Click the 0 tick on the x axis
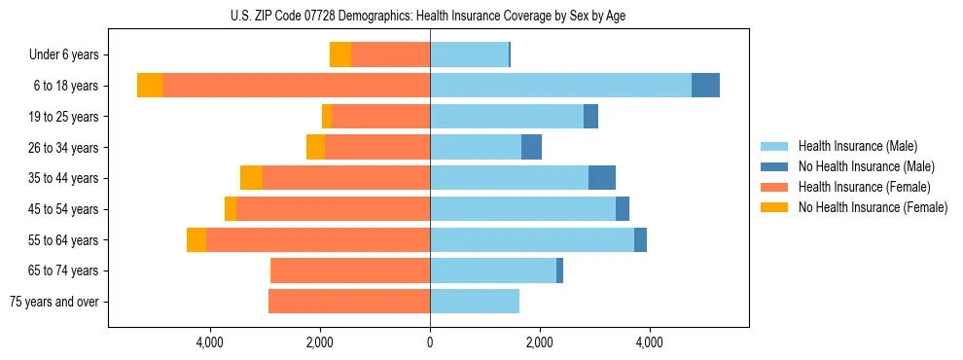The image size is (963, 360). tap(430, 342)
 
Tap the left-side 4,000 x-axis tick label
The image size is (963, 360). tap(210, 342)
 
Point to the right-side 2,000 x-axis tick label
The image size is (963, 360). tap(539, 342)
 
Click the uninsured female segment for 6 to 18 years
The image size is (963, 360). tap(150, 86)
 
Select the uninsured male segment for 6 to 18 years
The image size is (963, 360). tap(705, 86)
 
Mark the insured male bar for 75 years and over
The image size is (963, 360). tap(475, 302)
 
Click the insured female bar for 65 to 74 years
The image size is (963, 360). tap(350, 270)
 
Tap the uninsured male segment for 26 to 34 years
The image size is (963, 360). tap(531, 148)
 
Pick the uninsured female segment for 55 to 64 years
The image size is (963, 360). tap(196, 240)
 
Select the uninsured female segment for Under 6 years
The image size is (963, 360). tap(340, 55)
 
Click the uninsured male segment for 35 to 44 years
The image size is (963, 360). tap(602, 178)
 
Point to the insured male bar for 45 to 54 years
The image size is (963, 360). tap(522, 209)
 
